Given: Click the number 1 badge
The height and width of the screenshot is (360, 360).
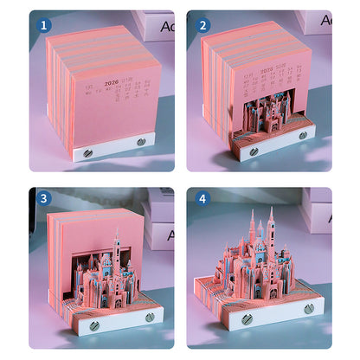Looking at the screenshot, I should [43, 25].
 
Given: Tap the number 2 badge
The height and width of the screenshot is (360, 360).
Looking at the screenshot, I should [202, 25].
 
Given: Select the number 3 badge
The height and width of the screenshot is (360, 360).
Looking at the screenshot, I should [43, 198].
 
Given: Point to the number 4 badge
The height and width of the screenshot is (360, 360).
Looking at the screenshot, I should [202, 198].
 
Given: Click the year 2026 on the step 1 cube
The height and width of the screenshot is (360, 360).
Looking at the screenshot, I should [112, 84].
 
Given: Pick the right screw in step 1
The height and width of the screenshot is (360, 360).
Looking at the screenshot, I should [141, 141].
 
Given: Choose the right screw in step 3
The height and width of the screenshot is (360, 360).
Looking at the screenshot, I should [150, 317].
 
